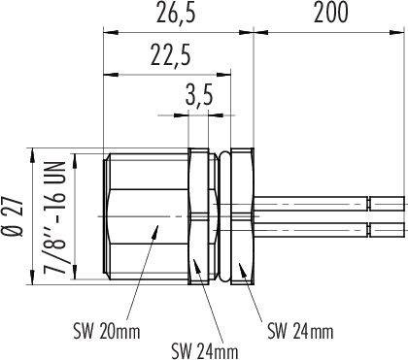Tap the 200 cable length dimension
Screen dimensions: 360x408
[331, 14]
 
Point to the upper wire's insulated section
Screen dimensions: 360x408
[311, 205]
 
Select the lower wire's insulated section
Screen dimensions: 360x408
[311, 230]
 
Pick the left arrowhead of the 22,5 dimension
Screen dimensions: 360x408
[106, 74]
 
